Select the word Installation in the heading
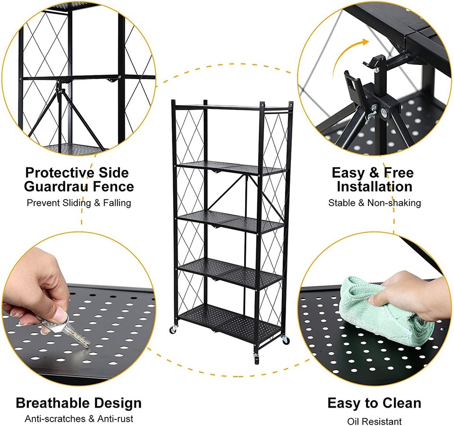point(375,186)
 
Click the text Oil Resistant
point(374,421)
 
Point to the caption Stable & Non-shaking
point(375,203)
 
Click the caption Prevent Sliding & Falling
point(79,203)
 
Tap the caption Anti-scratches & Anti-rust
point(79,418)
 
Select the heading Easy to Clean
point(374,403)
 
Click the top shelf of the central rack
point(232,106)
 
